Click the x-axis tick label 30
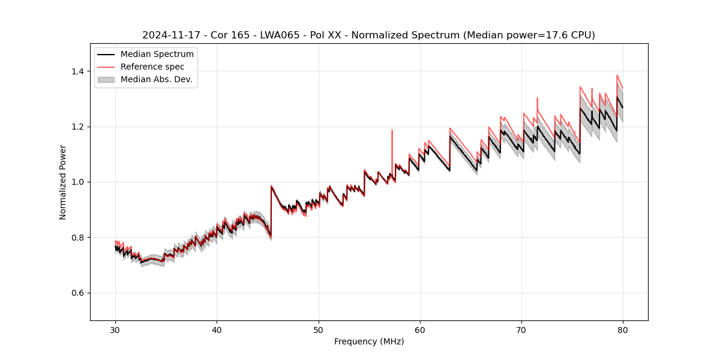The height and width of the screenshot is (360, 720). [x=115, y=330]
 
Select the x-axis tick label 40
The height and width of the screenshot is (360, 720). [x=217, y=330]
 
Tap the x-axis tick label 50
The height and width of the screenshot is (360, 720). [x=318, y=330]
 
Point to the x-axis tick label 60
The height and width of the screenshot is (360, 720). [x=420, y=330]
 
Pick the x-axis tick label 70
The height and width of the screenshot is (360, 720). [x=521, y=330]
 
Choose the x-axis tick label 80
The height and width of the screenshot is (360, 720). [x=623, y=330]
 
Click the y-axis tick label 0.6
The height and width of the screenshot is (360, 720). [x=77, y=293]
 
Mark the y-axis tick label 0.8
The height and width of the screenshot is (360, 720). [x=77, y=238]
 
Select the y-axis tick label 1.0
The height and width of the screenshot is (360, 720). [x=77, y=182]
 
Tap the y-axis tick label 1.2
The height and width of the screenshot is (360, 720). [x=77, y=127]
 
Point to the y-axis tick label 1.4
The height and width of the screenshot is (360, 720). [x=77, y=71]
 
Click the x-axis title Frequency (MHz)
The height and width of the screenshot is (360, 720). [x=369, y=341]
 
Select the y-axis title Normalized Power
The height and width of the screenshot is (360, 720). [x=63, y=182]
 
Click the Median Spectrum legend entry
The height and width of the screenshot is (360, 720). [x=157, y=55]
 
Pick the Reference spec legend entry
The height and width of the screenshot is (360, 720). [x=152, y=67]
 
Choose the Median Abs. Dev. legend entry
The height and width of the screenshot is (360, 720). [x=156, y=79]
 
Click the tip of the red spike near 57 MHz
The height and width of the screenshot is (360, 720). [x=392, y=130]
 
